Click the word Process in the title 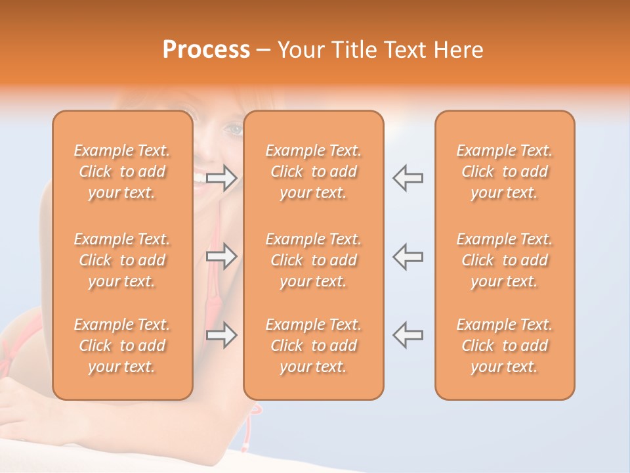(x=206, y=50)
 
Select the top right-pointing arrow (x=221, y=178)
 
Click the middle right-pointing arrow (x=221, y=256)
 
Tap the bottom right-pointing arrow (x=221, y=335)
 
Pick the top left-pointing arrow (x=408, y=178)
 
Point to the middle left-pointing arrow (x=408, y=256)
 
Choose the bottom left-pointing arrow (x=408, y=335)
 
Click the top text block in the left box (x=122, y=171)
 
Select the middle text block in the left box (x=122, y=260)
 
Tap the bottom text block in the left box (x=122, y=346)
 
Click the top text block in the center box (x=313, y=171)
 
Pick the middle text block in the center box (x=313, y=260)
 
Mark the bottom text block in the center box (x=313, y=346)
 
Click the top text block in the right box (x=505, y=171)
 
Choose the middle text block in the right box (x=505, y=260)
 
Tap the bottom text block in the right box (x=505, y=346)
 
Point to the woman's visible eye (x=234, y=129)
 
